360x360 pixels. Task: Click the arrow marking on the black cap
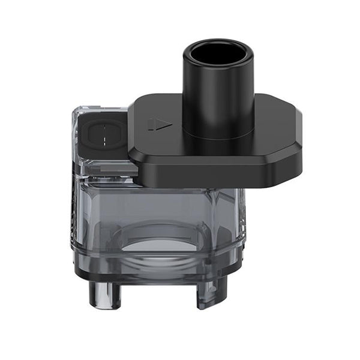[x=160, y=125]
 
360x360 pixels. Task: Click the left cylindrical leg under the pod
[x=98, y=295]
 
